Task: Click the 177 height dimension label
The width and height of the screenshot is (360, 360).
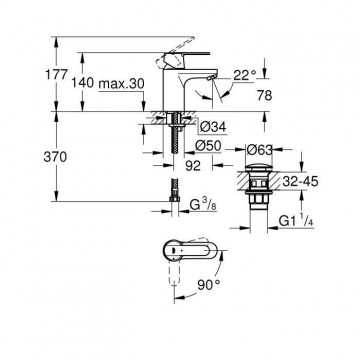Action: point(56,75)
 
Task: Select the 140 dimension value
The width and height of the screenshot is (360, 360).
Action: point(83,83)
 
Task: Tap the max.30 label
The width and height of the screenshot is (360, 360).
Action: point(122,83)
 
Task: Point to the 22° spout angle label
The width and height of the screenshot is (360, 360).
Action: point(245,75)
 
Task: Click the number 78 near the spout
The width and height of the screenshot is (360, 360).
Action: point(264,96)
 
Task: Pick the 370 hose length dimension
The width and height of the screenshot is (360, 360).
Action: point(55,157)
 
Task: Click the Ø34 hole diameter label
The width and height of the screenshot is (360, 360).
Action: point(214,127)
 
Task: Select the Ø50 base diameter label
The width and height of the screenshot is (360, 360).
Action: point(209,146)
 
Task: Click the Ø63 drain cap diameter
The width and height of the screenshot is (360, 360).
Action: point(259,150)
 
